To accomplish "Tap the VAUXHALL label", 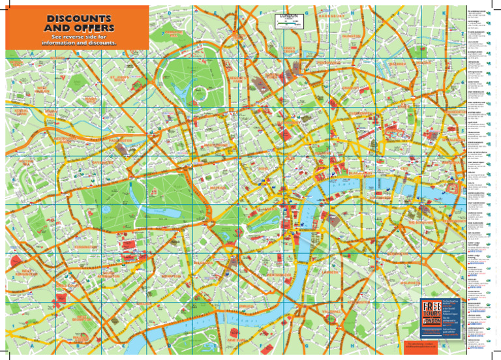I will [x=337, y=312].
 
